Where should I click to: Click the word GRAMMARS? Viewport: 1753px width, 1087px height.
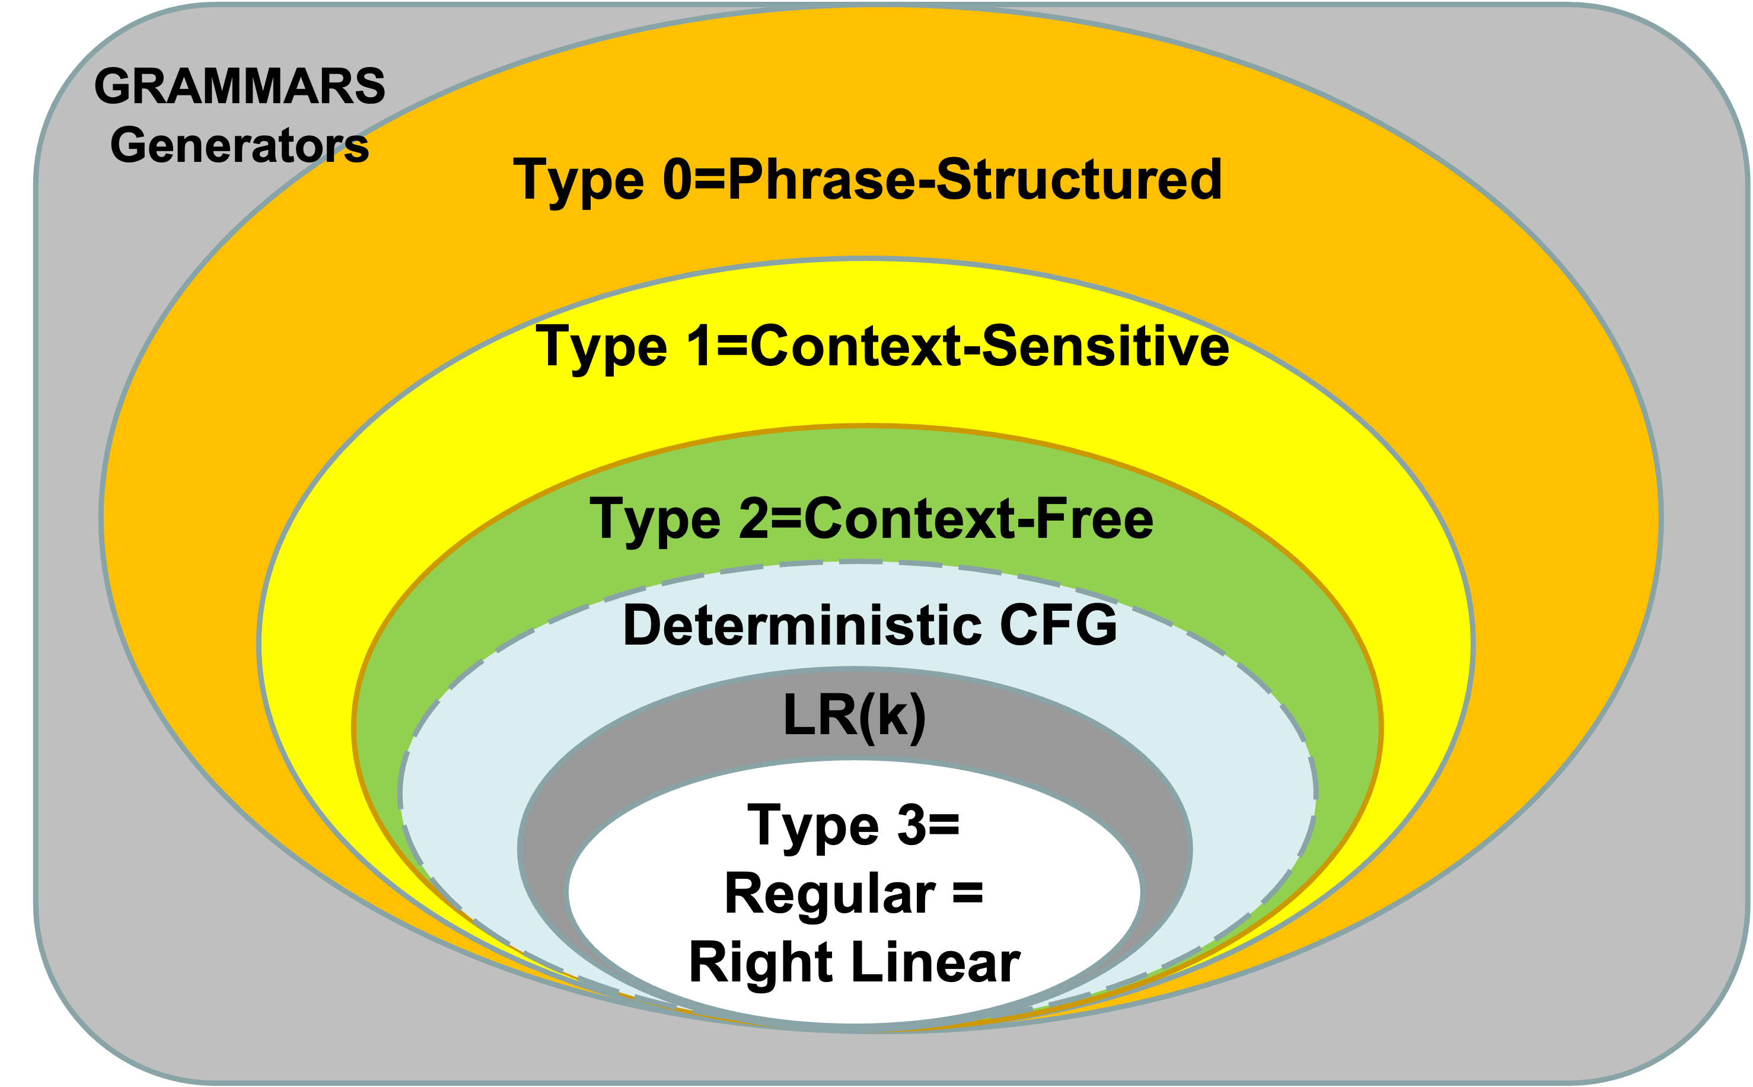240,86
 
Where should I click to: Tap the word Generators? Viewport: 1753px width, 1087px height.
240,145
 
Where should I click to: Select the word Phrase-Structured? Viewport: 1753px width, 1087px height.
974,180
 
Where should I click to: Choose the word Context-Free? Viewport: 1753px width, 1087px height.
978,519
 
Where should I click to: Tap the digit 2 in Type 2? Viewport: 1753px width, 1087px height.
754,518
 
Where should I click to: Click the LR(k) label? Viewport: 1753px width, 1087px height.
855,715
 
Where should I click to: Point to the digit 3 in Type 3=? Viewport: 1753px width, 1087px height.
911,825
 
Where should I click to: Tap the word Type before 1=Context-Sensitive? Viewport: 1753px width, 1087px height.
601,349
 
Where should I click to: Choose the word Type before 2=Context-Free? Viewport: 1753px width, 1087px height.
655,521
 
